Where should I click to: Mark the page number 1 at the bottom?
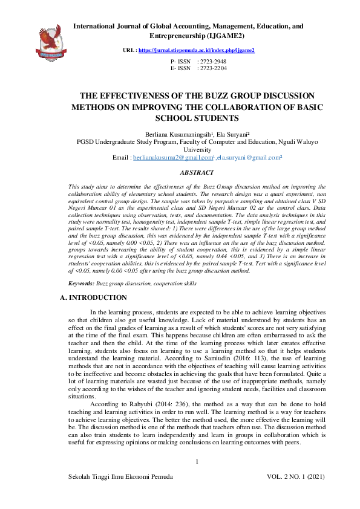pos(197,462)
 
